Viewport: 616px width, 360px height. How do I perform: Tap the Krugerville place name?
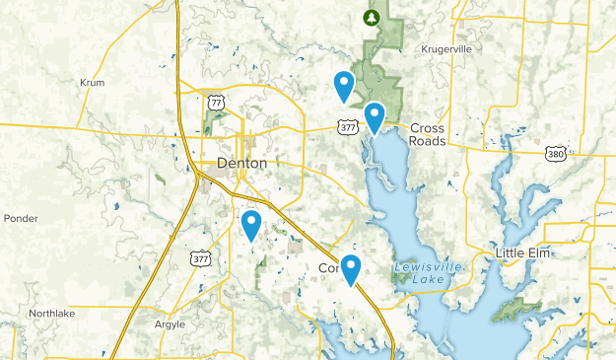[448, 48]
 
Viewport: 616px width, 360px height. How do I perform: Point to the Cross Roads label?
[429, 134]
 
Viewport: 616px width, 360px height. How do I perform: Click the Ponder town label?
[20, 218]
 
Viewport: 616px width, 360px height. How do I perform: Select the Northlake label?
[51, 313]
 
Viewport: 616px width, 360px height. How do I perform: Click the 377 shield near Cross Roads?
[346, 126]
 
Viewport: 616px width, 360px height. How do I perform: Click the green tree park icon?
[372, 17]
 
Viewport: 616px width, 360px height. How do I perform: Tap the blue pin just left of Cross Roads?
[375, 117]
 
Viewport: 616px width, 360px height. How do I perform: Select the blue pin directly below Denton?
[251, 225]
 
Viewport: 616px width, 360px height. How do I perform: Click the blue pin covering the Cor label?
[350, 269]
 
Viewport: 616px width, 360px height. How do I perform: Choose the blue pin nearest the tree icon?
[344, 86]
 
